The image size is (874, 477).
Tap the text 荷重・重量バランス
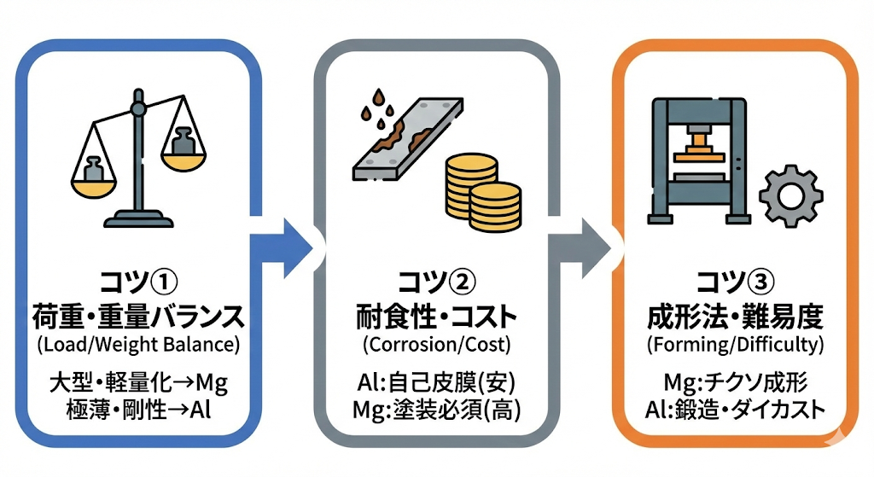pyautogui.click(x=137, y=317)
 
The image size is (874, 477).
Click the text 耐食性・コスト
pyautogui.click(x=436, y=317)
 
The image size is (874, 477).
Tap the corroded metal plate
pyautogui.click(x=402, y=137)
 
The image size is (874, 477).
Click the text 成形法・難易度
pyautogui.click(x=735, y=317)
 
